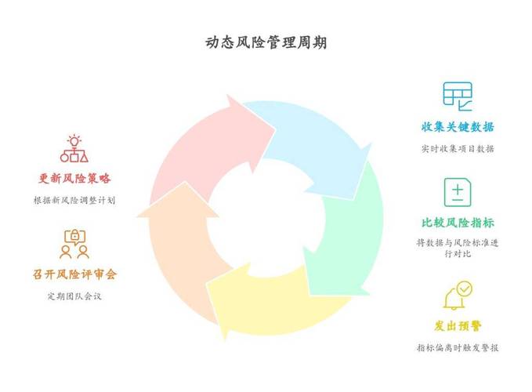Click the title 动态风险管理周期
tap(266, 43)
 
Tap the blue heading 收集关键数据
tap(458, 127)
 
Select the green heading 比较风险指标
tap(458, 223)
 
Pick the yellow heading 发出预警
tap(458, 326)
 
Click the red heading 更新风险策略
tap(74, 178)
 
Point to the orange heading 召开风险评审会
tap(74, 274)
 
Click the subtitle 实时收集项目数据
tap(458, 149)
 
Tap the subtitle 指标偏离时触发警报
tap(458, 347)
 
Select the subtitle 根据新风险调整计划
tap(74, 200)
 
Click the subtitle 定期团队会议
tap(74, 296)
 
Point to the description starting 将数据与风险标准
tap(458, 248)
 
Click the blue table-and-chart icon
tap(458, 96)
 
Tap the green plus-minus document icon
tap(458, 192)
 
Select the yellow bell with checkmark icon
tap(458, 295)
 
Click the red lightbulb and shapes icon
tap(74, 148)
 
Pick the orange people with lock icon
tap(74, 244)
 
